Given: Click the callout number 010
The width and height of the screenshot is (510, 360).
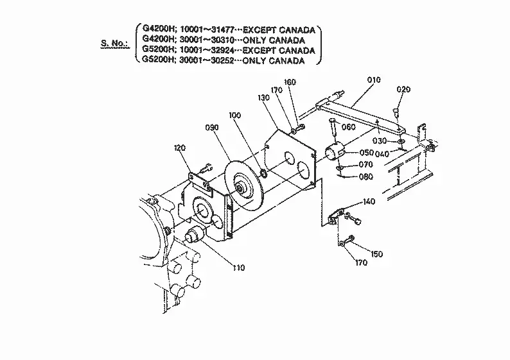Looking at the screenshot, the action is tap(374, 80).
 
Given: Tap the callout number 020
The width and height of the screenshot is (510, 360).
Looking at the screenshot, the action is tap(403, 89).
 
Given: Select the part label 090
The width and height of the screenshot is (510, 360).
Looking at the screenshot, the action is tap(212, 127).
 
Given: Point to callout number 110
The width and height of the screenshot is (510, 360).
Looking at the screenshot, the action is tap(239, 268).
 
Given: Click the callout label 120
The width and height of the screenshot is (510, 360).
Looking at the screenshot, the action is tap(180, 148).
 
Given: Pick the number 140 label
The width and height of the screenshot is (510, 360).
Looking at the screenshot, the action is tap(369, 201).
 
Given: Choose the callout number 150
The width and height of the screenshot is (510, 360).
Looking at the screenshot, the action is tap(376, 253).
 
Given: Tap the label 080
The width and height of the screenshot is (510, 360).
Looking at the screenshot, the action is tap(366, 176).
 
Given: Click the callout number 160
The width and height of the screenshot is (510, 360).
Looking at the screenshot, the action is tap(290, 82).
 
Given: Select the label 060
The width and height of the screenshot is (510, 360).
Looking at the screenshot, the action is tap(349, 127).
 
